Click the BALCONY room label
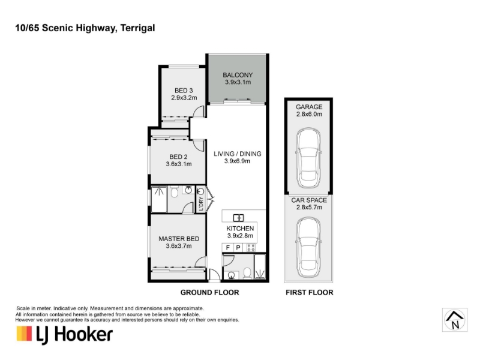pos(238,74)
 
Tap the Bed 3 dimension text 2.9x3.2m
pos(184,98)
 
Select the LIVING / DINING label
pos(238,154)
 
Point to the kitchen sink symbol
pos(238,218)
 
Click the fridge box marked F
pos(228,247)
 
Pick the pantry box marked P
pos(238,247)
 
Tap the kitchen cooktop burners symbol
pos(251,248)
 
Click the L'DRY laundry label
pos(201,203)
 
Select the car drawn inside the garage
pos(308,158)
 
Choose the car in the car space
pos(308,247)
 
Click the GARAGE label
pos(309,107)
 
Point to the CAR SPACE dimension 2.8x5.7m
pos(309,207)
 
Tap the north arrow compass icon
pos(455,320)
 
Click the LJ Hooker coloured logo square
pos(24,334)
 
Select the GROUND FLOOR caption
pos(209,292)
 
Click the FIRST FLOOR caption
pos(310,292)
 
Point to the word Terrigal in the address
pos(138,28)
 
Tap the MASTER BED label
pos(179,239)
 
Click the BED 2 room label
pos(178,157)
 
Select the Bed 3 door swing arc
pos(199,111)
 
